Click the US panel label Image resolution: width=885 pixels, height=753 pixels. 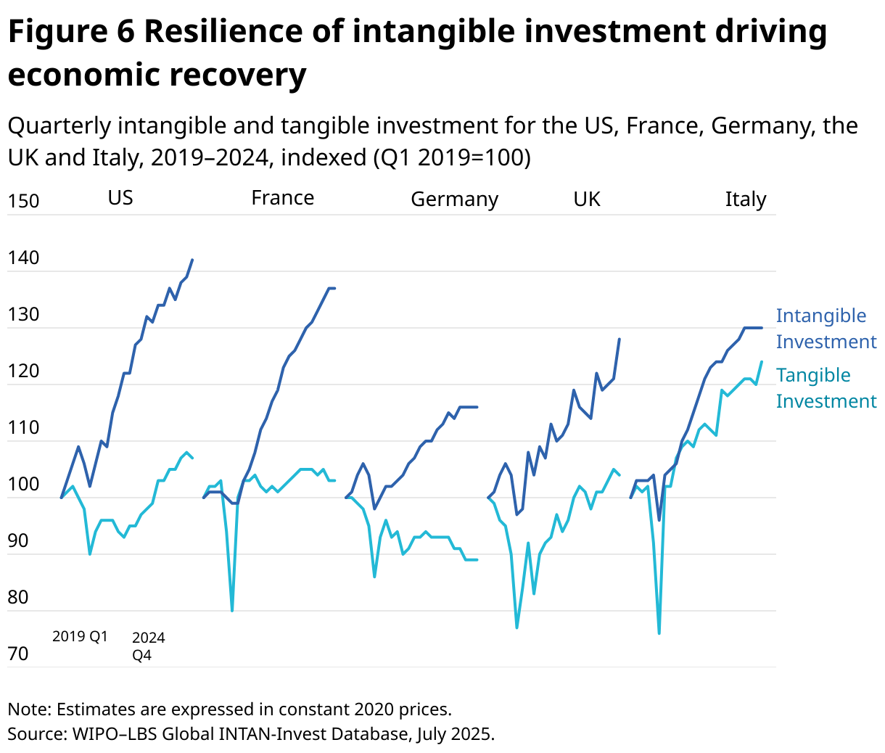tap(120, 198)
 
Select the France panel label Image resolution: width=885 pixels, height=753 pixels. tap(282, 198)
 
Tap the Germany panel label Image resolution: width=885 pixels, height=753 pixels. tap(454, 199)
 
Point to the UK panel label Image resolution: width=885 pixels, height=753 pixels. tap(587, 199)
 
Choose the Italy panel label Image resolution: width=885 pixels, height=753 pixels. tap(745, 199)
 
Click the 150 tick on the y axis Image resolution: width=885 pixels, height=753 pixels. tap(23, 202)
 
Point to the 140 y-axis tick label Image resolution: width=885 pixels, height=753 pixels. tap(23, 258)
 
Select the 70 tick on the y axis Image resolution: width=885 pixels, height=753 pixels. tap(18, 654)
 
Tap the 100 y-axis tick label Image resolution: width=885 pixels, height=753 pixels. tap(23, 485)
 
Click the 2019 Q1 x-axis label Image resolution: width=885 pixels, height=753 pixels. tap(80, 637)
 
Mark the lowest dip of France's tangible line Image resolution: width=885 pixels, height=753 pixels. tap(232, 610)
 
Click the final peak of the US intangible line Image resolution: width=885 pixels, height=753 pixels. tap(192, 260)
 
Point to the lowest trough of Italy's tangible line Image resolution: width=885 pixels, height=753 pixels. tap(659, 633)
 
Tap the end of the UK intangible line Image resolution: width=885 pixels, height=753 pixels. tap(619, 339)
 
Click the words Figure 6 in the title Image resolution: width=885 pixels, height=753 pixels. tap(71, 32)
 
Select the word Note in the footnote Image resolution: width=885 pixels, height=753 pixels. tap(27, 709)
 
